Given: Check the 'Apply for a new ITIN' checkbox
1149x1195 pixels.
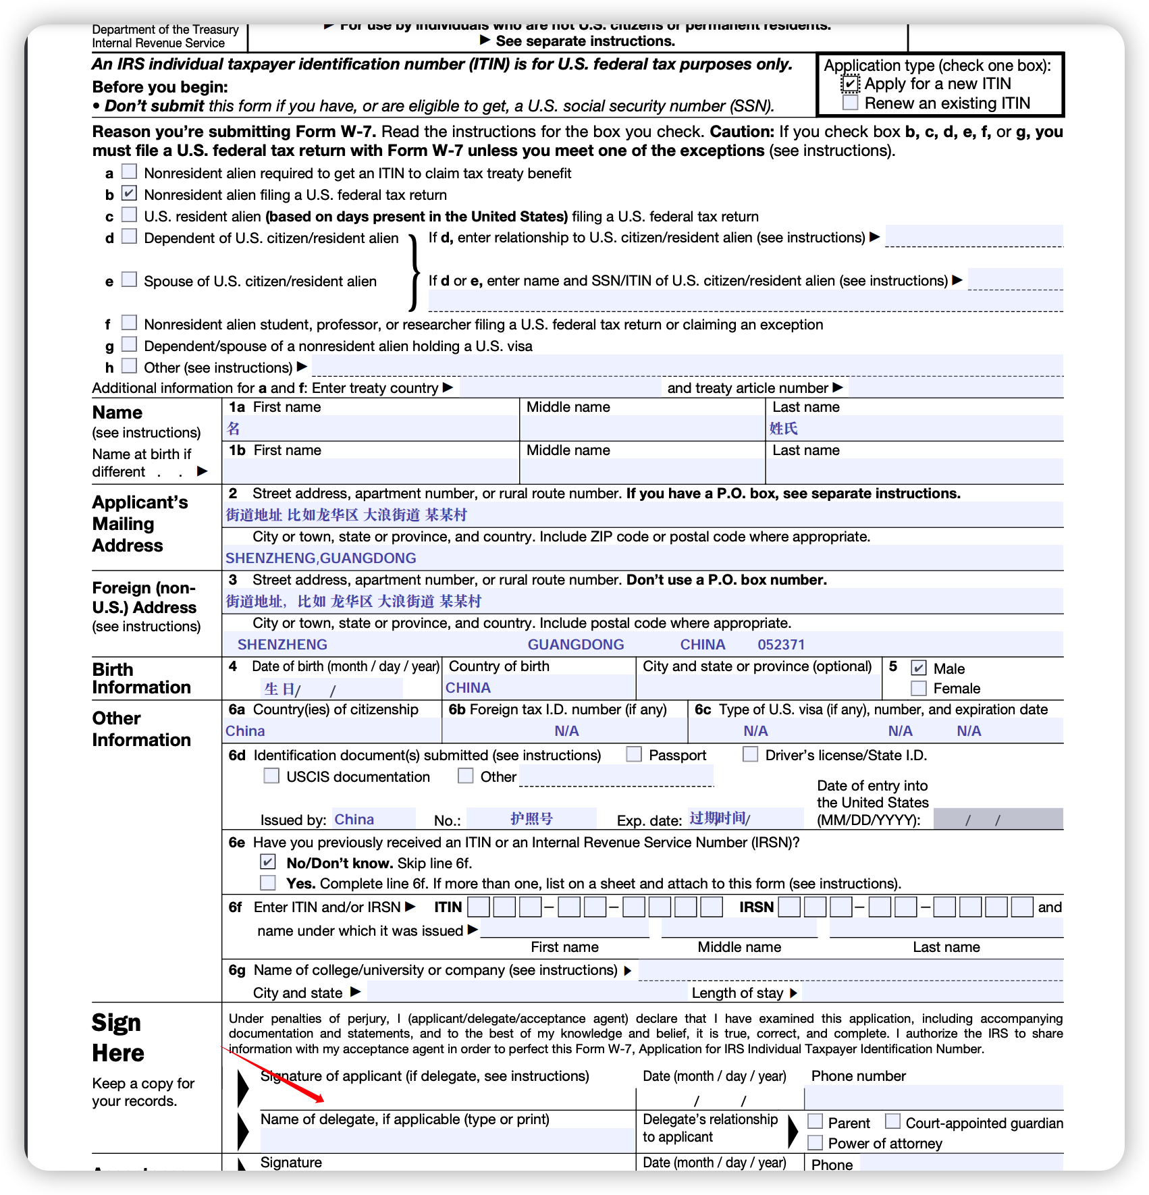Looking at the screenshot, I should click(x=851, y=84).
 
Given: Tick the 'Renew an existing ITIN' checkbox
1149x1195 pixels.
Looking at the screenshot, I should click(x=851, y=103).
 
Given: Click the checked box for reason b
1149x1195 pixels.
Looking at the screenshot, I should click(x=129, y=194).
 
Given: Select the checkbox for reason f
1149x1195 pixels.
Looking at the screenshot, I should click(x=129, y=323).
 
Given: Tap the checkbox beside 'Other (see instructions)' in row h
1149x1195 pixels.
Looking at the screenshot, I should click(x=129, y=366).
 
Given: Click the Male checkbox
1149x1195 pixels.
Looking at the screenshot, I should click(x=918, y=668).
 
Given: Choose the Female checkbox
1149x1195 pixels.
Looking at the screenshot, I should click(x=918, y=688).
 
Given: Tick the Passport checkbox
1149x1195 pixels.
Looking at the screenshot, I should click(x=634, y=754).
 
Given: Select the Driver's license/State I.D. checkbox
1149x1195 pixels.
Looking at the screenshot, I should click(x=750, y=754).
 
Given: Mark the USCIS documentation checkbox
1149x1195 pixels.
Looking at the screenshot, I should click(x=271, y=776).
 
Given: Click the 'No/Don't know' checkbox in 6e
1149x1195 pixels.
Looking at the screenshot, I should click(x=268, y=862).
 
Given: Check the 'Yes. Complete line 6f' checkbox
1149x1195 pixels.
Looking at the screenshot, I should click(x=268, y=882).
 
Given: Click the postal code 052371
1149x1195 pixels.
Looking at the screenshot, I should click(x=781, y=645).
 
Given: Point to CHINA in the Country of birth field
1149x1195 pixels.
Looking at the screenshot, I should click(x=468, y=688).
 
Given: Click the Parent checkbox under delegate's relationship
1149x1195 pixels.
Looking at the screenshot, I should click(x=816, y=1121).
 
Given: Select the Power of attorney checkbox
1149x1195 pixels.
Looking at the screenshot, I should click(x=816, y=1142).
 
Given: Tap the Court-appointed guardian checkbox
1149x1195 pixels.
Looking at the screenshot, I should click(x=892, y=1121).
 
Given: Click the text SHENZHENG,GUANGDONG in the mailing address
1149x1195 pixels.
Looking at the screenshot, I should click(x=321, y=558).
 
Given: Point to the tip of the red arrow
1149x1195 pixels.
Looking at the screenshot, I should click(x=323, y=1101).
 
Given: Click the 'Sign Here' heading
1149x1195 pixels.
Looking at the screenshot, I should click(x=117, y=1038).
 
